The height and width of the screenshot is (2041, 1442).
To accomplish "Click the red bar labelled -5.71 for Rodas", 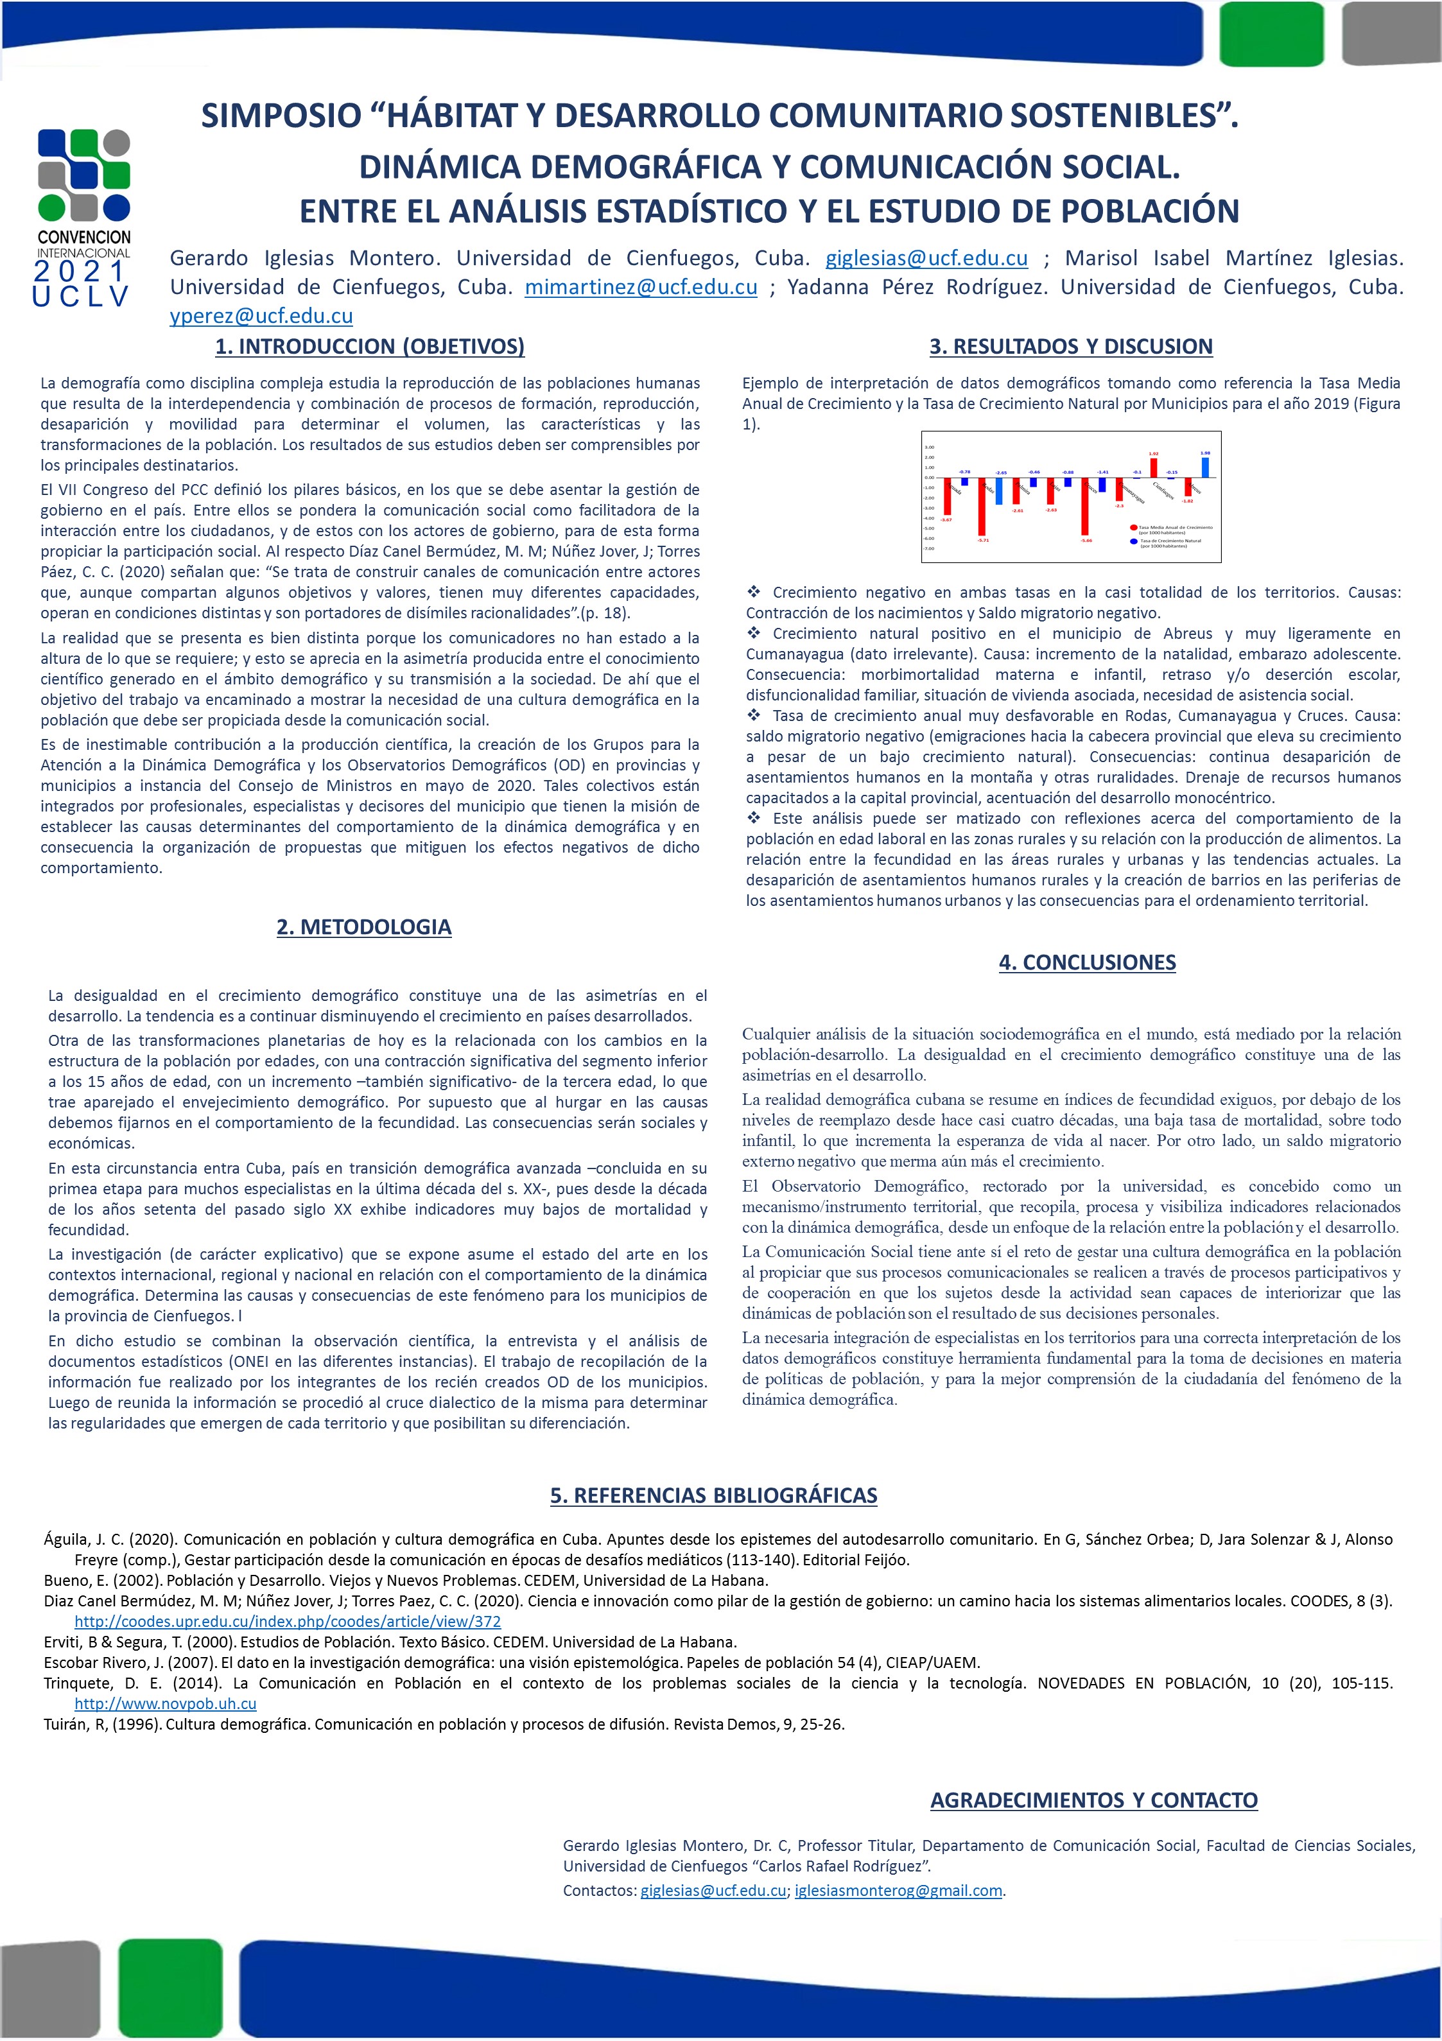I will point(982,507).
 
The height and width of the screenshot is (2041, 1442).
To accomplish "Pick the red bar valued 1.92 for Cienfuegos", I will point(1153,467).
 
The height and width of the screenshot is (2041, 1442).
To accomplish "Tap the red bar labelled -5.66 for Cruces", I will point(1086,507).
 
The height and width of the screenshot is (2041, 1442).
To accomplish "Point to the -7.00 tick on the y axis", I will point(929,548).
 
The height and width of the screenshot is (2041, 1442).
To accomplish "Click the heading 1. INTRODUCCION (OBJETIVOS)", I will point(370,347).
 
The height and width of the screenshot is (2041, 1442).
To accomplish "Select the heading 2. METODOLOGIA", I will point(363,927).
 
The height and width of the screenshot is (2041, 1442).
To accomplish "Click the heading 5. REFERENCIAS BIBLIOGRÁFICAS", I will point(713,1496).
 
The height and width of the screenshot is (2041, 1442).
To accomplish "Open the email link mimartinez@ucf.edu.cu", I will point(641,287).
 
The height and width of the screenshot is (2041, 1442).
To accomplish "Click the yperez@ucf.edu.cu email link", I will point(261,316).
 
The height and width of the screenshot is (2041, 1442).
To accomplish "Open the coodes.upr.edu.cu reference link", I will point(287,1621).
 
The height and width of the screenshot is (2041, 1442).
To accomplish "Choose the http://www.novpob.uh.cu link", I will point(166,1704).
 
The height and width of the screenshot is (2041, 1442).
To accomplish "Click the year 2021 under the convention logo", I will point(80,270).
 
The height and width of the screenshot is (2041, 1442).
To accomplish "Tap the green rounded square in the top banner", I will point(1271,34).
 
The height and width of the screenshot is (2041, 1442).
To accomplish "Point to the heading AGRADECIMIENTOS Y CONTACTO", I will point(1093,1800).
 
